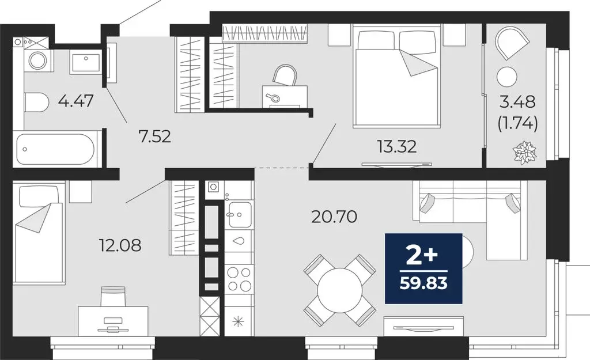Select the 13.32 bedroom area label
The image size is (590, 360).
[x=397, y=147]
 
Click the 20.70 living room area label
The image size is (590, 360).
[x=334, y=217]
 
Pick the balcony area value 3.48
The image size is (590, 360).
[x=518, y=103]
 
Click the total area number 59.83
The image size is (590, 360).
[x=423, y=283]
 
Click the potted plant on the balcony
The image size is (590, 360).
[x=524, y=151]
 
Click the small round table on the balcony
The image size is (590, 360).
[x=507, y=76]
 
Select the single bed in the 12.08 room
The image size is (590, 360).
[x=38, y=232]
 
